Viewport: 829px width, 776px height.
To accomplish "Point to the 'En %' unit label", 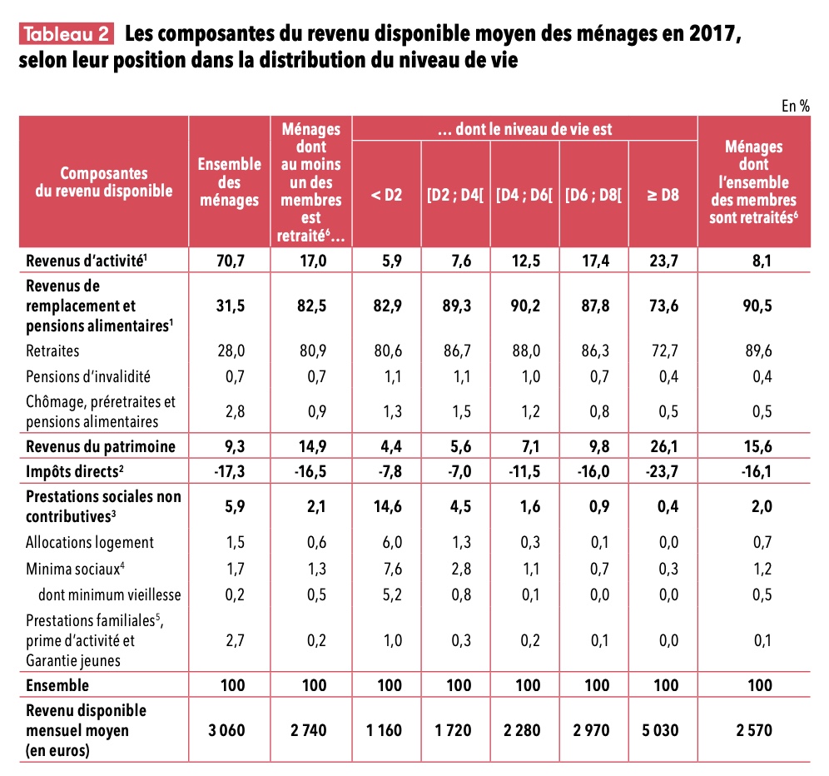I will tap(795, 106).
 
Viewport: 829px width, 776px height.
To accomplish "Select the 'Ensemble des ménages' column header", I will tap(229, 182).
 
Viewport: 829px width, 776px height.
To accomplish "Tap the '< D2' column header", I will tap(386, 196).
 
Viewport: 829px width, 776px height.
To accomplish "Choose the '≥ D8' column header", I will tap(663, 196).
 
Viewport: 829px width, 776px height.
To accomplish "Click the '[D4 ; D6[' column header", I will tap(524, 196).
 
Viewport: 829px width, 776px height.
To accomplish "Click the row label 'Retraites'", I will tap(52, 351).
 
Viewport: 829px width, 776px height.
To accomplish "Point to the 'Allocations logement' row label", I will tap(89, 542).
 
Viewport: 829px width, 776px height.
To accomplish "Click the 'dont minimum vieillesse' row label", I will tap(109, 594).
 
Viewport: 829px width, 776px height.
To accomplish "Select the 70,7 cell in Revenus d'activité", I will tap(229, 260).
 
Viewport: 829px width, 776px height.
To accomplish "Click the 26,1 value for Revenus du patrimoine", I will tap(663, 445).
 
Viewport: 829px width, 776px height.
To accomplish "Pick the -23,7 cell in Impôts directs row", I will tap(663, 470).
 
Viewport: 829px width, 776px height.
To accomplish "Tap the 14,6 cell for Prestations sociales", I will tap(386, 505).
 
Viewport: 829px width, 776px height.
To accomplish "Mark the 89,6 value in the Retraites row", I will tap(753, 351).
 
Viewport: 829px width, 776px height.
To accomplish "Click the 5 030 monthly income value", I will tap(663, 730).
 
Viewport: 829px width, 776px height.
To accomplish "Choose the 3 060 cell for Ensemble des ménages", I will tap(229, 730).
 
